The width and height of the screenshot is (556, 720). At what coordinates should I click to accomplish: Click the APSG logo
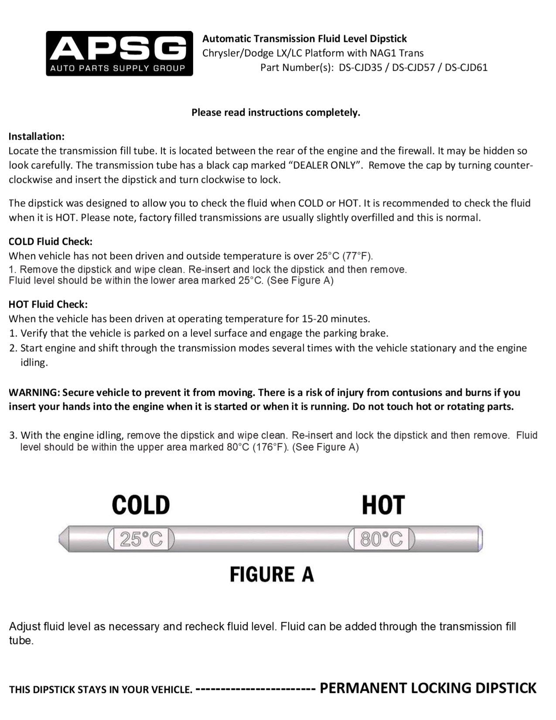(119, 53)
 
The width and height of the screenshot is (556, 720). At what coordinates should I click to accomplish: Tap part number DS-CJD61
(466, 68)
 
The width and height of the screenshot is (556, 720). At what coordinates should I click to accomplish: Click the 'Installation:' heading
(37, 136)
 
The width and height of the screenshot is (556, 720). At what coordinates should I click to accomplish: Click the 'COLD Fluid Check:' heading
(51, 241)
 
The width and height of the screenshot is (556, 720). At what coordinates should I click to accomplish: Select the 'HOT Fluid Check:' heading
(48, 304)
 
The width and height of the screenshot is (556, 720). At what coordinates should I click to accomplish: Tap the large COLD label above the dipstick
(141, 505)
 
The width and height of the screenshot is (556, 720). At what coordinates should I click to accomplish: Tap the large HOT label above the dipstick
(383, 505)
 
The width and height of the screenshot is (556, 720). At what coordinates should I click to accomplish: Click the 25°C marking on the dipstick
(141, 540)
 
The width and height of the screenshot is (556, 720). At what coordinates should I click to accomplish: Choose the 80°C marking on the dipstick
(382, 540)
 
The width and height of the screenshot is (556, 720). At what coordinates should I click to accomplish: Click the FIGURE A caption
(272, 574)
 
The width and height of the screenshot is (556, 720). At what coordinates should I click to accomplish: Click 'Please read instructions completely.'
(276, 113)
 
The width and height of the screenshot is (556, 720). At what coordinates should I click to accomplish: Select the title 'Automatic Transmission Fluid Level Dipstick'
(304, 39)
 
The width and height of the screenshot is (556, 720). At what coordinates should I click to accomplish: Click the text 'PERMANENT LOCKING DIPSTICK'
(428, 688)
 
